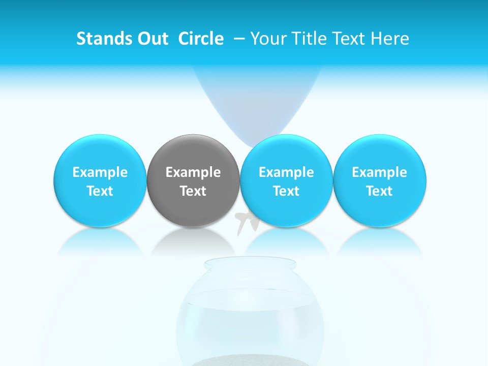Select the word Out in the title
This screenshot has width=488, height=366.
click(151, 39)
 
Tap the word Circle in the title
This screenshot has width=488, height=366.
click(201, 39)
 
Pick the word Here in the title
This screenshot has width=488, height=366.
click(391, 39)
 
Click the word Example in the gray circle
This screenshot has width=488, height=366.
click(193, 172)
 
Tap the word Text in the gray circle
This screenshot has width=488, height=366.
click(193, 191)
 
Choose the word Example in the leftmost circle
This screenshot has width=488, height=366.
click(100, 172)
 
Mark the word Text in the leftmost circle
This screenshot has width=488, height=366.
click(100, 191)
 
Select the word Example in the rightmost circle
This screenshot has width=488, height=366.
click(380, 172)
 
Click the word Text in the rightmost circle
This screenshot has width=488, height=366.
click(380, 191)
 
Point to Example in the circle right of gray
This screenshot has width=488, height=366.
click(286, 172)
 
